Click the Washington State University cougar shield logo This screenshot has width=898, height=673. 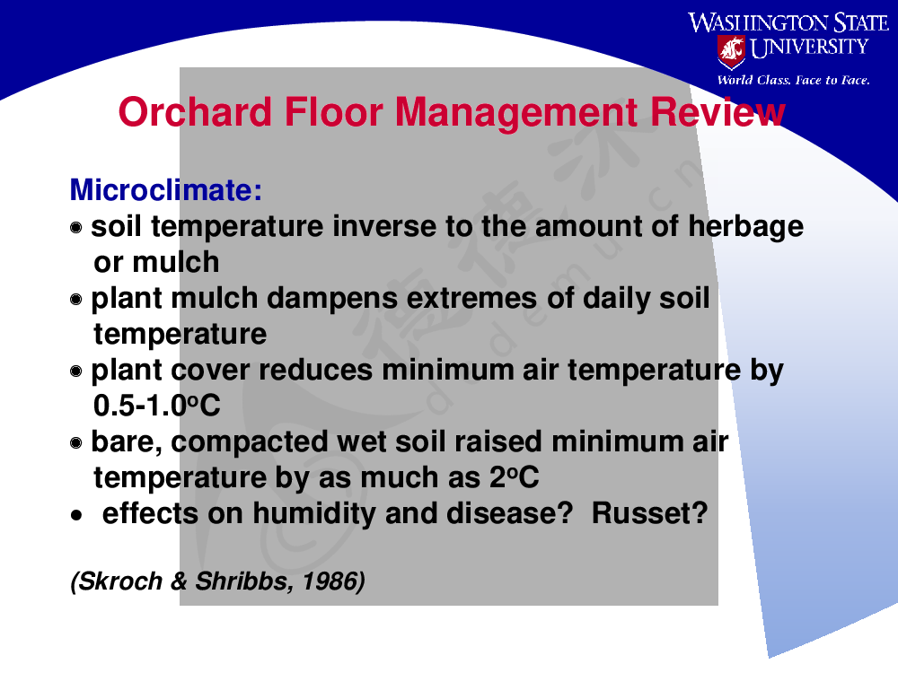pos(731,51)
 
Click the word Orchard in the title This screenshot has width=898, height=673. pos(195,111)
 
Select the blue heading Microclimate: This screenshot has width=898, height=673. pos(166,189)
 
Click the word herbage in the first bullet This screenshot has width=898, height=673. pos(745,227)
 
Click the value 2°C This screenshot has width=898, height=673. pos(515,477)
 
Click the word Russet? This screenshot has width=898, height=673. pos(649,513)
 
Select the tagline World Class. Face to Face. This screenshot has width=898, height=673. pos(793,80)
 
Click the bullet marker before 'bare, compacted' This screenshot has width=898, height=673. pos(76,442)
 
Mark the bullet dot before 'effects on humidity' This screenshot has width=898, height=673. pos(76,516)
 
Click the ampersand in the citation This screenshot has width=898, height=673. pos(179,581)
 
